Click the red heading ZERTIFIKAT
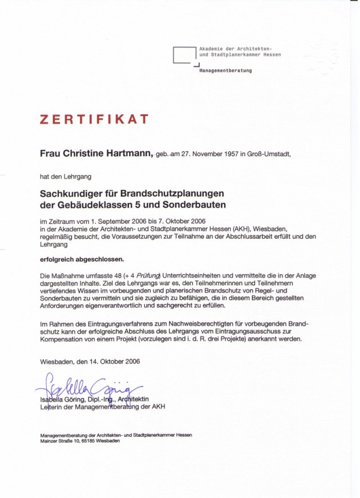(x=94, y=119)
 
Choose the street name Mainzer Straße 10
(x=59, y=441)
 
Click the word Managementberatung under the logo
(x=225, y=71)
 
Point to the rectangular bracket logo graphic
(x=185, y=55)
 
